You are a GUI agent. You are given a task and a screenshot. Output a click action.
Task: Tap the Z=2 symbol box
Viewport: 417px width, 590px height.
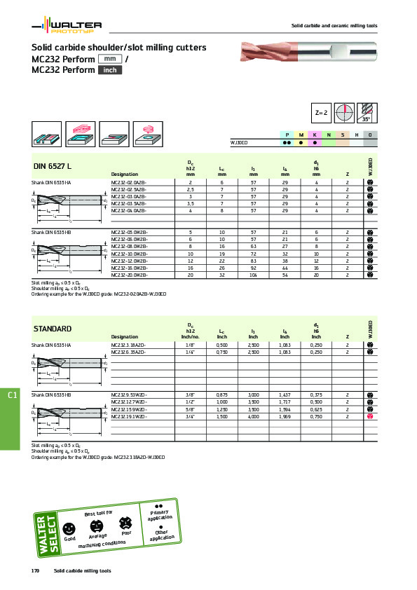point(321,112)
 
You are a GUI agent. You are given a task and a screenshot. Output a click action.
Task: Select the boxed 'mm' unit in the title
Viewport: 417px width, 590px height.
point(109,59)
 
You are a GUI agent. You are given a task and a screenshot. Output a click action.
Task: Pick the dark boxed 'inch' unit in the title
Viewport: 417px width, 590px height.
point(109,70)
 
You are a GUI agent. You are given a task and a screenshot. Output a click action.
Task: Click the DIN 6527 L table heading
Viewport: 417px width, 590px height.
point(53,166)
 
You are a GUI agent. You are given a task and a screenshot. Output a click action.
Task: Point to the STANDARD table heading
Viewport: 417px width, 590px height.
point(53,329)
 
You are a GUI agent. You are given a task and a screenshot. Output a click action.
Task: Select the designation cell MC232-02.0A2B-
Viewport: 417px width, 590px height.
point(129,182)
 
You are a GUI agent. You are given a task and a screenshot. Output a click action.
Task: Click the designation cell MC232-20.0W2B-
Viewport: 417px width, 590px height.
point(130,277)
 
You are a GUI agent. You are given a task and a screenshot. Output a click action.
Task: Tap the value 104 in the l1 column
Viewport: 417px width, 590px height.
point(253,277)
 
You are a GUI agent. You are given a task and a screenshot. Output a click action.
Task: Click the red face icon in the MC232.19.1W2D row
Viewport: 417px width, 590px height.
point(369,417)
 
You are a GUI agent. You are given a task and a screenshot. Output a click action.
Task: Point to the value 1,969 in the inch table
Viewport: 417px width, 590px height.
point(285,417)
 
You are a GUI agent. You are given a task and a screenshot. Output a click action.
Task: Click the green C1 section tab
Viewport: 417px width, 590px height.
point(12,397)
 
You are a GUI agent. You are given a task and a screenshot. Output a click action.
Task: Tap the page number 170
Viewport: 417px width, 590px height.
point(34,571)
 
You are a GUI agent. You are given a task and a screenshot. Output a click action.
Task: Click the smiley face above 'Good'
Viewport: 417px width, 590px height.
point(69,528)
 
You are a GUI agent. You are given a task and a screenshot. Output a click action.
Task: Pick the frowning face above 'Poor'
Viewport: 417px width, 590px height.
point(125,522)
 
